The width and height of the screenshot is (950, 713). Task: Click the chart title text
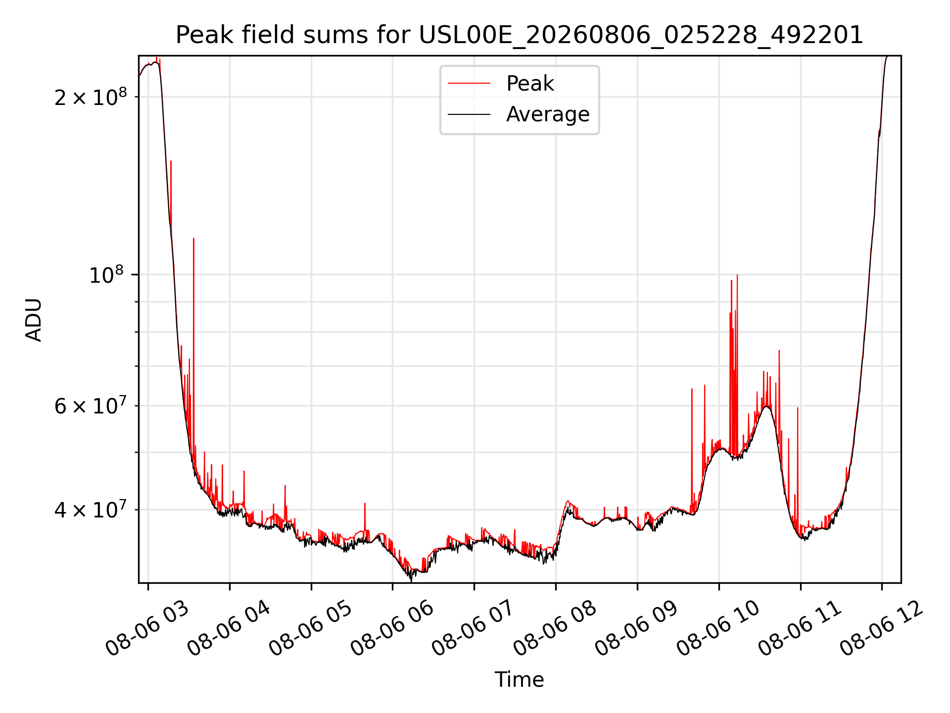click(520, 35)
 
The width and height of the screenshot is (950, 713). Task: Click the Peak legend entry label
click(530, 84)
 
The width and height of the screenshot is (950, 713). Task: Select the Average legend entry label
click(548, 114)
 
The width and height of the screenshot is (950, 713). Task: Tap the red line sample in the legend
click(469, 83)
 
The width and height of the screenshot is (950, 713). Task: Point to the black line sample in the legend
click(469, 114)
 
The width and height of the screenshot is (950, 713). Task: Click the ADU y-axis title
click(34, 319)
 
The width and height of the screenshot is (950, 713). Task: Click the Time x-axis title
click(520, 680)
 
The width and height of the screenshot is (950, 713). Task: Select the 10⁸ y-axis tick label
click(106, 274)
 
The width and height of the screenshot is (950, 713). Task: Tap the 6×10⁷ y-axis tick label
click(91, 406)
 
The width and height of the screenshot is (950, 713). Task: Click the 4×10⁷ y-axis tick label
click(91, 509)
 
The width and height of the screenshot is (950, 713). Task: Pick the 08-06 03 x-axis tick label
click(147, 629)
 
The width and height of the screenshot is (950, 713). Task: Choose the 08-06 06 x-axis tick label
click(392, 629)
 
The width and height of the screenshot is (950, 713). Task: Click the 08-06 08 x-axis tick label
click(555, 629)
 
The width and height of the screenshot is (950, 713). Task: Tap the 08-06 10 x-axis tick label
click(718, 629)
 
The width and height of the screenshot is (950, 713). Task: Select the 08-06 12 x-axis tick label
click(881, 629)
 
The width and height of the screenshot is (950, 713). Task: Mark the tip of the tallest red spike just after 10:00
click(737, 275)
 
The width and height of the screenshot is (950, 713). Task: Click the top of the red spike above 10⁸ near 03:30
click(193, 239)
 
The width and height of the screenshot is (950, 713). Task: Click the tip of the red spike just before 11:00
click(798, 407)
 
